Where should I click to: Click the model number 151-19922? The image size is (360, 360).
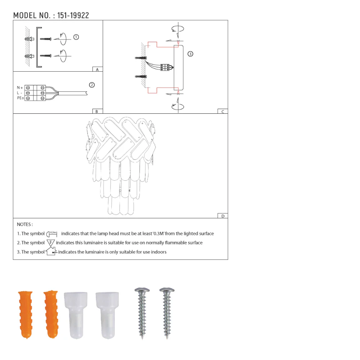pos(73,15)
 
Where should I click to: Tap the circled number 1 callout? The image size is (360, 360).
pos(76,37)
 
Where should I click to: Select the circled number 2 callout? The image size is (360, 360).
pos(92,85)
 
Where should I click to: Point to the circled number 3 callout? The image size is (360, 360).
pos(190,54)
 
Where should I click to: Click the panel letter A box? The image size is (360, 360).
pos(97,69)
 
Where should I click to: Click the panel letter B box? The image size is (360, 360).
pos(97,112)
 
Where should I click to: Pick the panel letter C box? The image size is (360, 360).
pos(222,112)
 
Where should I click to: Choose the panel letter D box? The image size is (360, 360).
pos(222,216)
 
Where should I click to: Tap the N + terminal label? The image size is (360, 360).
pos(20,88)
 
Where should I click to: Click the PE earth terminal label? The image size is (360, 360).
pos(20,98)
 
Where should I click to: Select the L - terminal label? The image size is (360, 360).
pos(20,93)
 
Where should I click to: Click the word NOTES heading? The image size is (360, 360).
pos(25,224)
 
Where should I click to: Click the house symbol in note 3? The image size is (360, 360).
pos(51,251)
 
